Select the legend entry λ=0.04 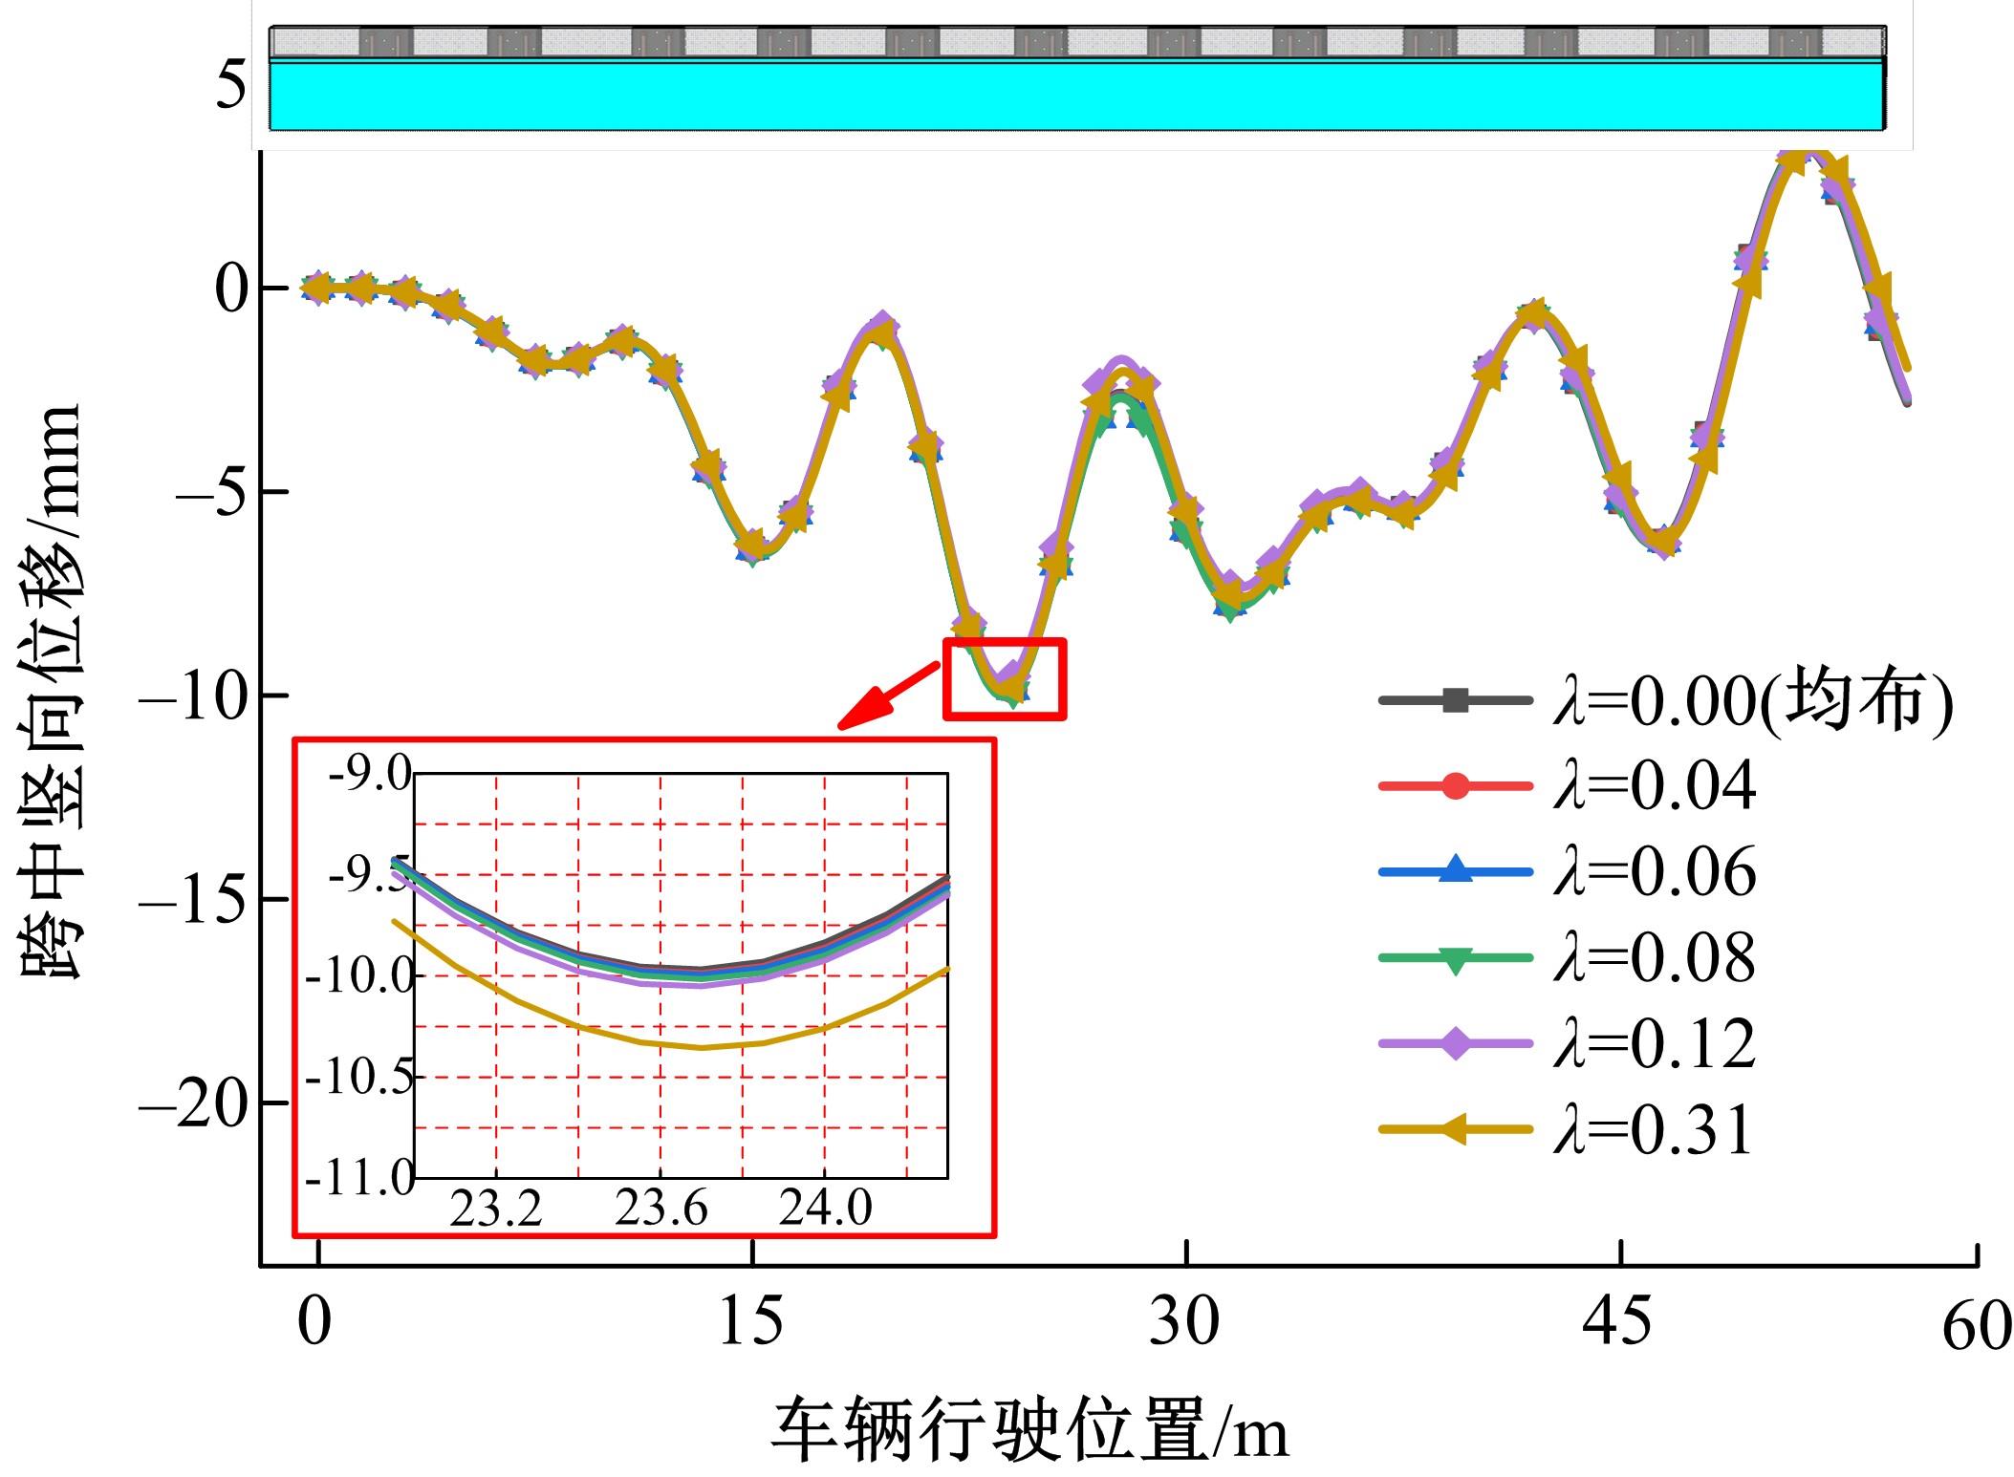coord(1568,787)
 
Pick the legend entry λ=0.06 coord(1568,872)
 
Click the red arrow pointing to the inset coord(887,694)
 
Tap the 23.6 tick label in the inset coord(661,1209)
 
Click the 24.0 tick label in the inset coord(825,1209)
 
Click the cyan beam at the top coord(1075,96)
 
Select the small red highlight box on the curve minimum coord(1004,679)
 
